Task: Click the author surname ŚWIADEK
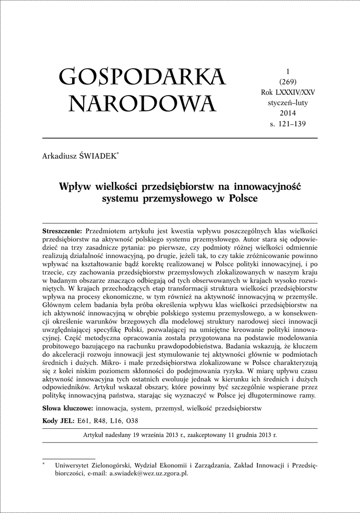pos(98,157)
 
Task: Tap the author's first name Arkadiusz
pos(60,157)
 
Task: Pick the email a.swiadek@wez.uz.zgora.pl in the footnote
pos(149,473)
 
